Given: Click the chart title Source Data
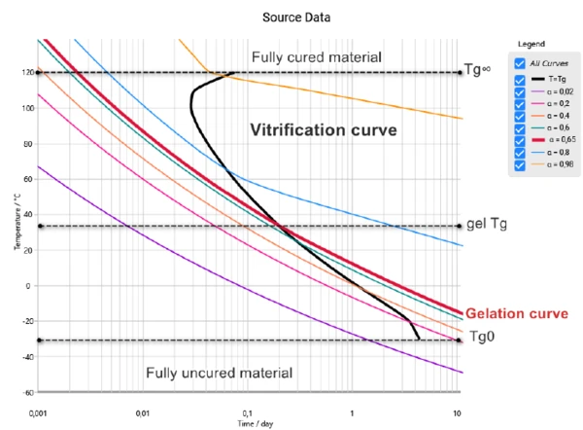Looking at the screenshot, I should (x=291, y=18).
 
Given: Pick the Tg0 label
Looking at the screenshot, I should (x=482, y=337).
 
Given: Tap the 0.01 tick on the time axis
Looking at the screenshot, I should (x=142, y=412).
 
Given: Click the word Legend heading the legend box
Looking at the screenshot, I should (x=531, y=45).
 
